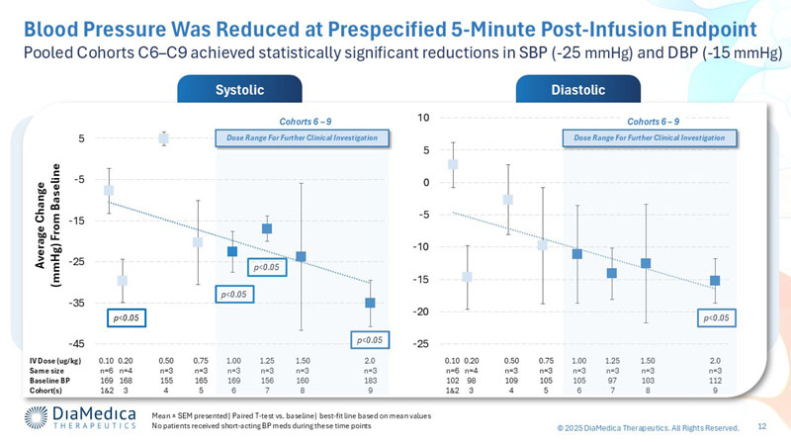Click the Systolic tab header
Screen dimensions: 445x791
click(239, 90)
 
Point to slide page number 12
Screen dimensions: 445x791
click(762, 426)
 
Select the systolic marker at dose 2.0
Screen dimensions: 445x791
click(370, 303)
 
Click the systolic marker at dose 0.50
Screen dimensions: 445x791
click(165, 138)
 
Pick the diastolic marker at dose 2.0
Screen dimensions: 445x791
click(715, 281)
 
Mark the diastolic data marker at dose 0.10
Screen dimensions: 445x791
click(453, 165)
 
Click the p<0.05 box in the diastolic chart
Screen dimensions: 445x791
click(715, 318)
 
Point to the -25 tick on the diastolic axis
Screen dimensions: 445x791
click(420, 343)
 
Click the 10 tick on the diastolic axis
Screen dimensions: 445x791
click(423, 118)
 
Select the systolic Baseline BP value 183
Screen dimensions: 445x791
click(369, 381)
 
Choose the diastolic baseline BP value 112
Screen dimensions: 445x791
click(715, 381)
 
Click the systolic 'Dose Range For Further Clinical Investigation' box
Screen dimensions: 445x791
click(303, 137)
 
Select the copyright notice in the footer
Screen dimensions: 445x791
click(648, 427)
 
